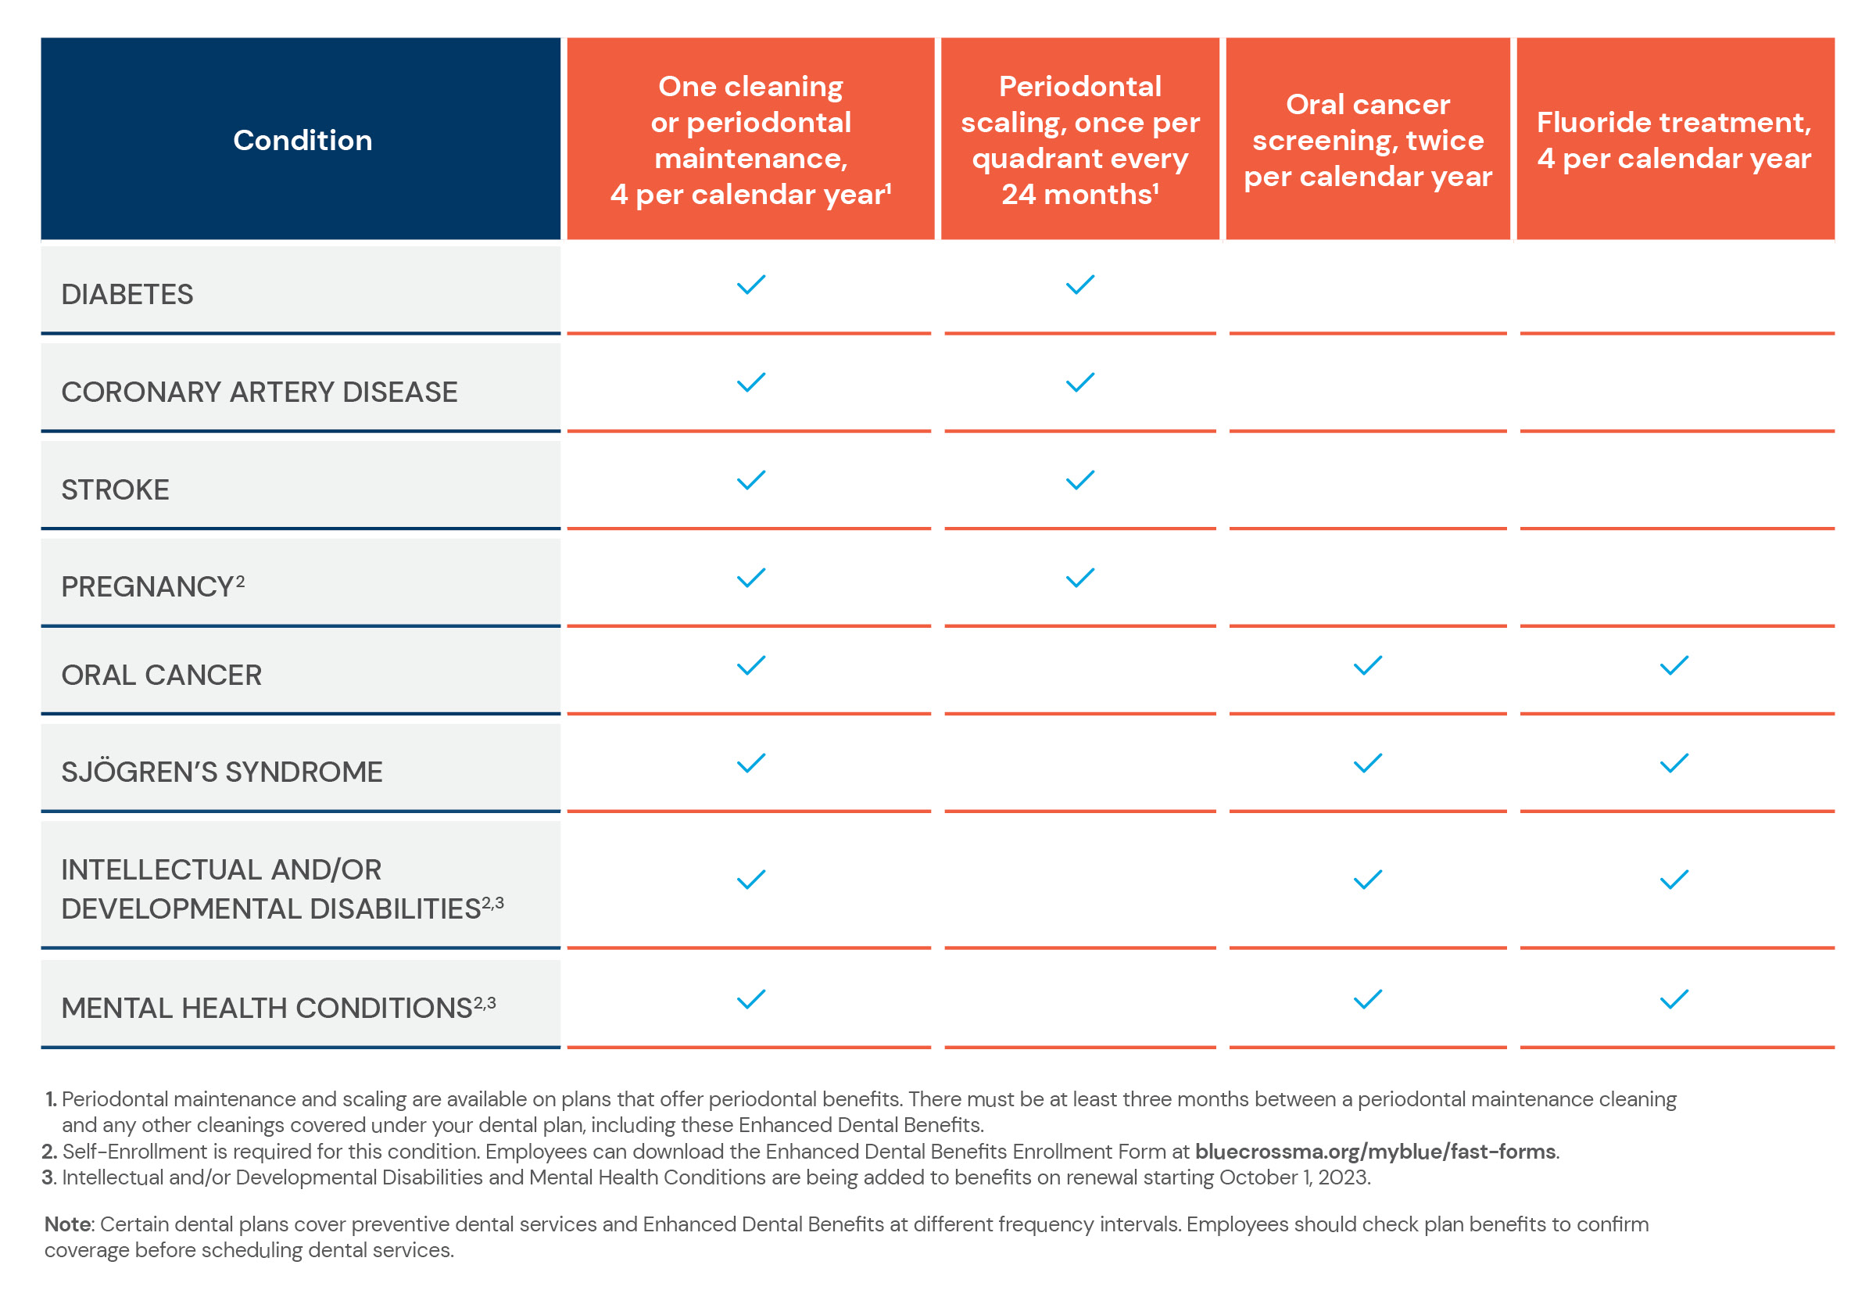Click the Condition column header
pos(303,140)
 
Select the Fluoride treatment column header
pos(1674,140)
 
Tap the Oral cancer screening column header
pos(1367,140)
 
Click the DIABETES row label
pos(127,294)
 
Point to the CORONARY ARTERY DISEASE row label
pos(260,392)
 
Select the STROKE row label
pos(116,490)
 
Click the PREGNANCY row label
pos(152,586)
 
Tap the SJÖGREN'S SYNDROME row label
pos(222,771)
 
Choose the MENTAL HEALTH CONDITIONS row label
pos(279,1007)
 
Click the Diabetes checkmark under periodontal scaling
pos(1079,285)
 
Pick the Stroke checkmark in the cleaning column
pos(750,480)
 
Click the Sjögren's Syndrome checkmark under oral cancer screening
pos(1367,763)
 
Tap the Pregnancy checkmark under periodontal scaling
pos(1079,578)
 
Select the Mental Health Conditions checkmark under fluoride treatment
pos(1674,999)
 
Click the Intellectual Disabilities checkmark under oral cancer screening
pos(1367,880)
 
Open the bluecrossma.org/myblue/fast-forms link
pos(1375,1151)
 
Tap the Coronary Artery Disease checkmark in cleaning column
pos(750,382)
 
